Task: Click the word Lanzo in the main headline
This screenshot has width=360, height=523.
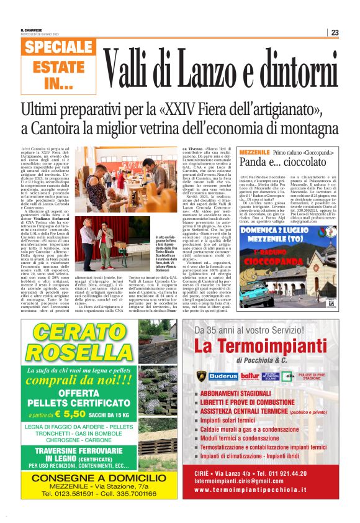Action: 205,65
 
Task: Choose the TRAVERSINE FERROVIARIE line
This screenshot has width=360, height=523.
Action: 78,451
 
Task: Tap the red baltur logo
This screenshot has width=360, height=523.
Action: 250,376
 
